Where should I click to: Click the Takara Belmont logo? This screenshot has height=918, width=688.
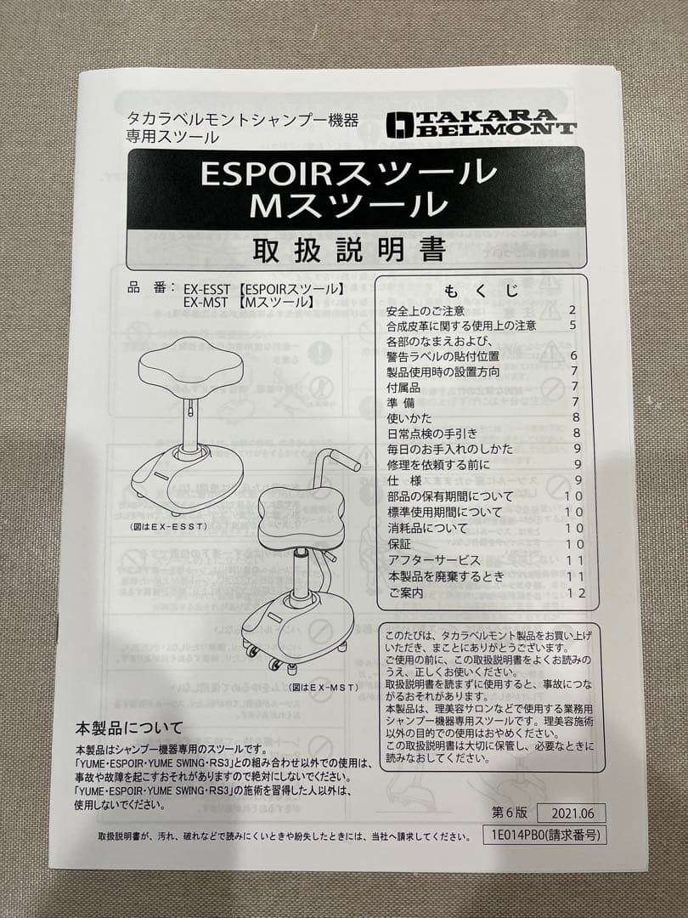[481, 124]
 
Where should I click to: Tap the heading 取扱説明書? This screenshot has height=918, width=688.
[349, 250]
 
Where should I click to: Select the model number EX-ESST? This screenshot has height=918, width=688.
[203, 288]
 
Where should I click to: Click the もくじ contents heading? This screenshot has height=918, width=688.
[481, 291]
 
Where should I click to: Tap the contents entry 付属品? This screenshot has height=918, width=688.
[403, 387]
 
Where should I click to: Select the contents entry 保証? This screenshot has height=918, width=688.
[398, 544]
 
